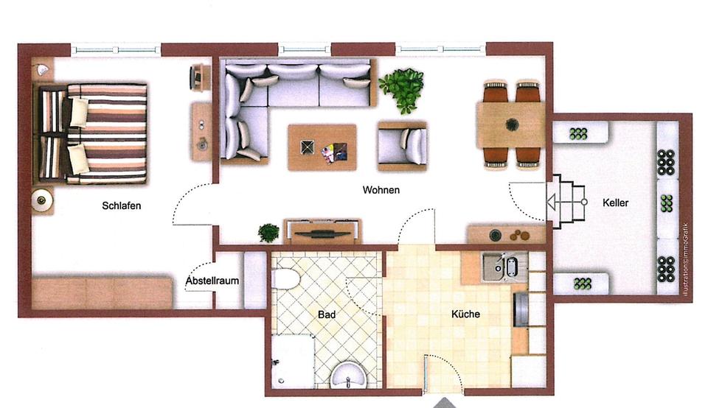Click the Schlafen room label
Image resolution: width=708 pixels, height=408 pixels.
[x=121, y=206]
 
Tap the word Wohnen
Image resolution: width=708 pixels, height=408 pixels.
[x=381, y=190]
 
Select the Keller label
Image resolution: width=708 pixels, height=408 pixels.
[x=615, y=203]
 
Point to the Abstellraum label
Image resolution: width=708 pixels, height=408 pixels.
[x=212, y=281]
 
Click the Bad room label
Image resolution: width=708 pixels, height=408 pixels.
[x=327, y=314]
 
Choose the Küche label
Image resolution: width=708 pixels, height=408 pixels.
[x=465, y=314]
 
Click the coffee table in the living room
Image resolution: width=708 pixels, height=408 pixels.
[x=322, y=147]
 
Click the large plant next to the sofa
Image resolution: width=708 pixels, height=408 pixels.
[x=402, y=90]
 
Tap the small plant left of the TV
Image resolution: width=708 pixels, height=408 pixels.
[x=268, y=233]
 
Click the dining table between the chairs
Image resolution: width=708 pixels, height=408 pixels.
[x=510, y=124]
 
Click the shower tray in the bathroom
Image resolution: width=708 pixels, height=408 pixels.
[x=293, y=361]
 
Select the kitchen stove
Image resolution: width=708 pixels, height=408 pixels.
[x=521, y=309]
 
